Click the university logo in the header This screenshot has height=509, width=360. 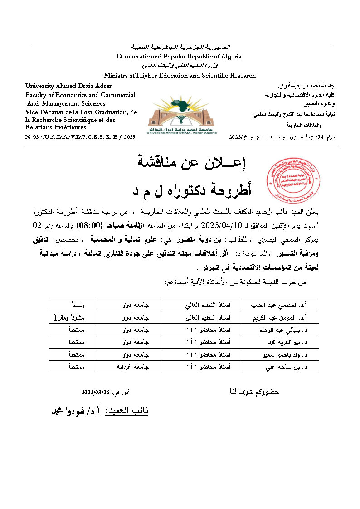[182, 115]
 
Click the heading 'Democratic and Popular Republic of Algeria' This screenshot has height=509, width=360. [179, 57]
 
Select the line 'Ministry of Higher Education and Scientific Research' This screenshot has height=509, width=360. [180, 76]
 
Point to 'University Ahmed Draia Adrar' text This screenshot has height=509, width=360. [68, 86]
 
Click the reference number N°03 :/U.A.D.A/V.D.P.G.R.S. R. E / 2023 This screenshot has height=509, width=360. [81, 136]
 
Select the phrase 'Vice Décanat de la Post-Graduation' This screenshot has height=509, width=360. [77, 112]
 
